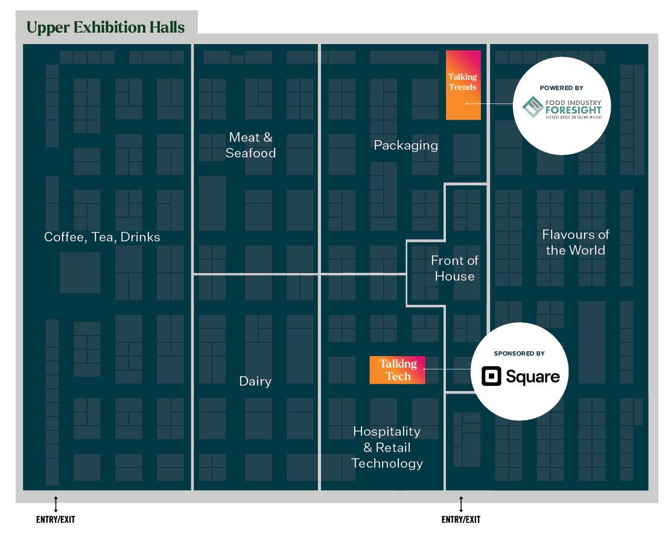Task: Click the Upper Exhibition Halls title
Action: pos(106,28)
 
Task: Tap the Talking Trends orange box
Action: pos(463,85)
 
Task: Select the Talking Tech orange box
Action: pos(398,370)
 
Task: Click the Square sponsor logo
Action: pos(520,377)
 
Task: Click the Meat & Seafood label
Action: pos(250,145)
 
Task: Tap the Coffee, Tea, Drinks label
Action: pos(102,237)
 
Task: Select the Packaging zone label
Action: pos(405,145)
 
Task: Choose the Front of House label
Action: pos(454,268)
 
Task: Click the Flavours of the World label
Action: pos(575,242)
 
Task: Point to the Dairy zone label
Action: pos(255,381)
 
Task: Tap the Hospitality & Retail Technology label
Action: pos(387,447)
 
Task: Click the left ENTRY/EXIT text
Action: pos(56,519)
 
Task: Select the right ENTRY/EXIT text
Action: pos(461,519)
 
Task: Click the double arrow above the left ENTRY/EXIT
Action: pos(56,503)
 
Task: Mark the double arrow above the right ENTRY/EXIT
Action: pos(461,503)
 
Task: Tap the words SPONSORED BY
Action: pos(520,353)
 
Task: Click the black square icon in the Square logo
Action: pos(491,377)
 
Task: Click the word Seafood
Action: pos(250,153)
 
